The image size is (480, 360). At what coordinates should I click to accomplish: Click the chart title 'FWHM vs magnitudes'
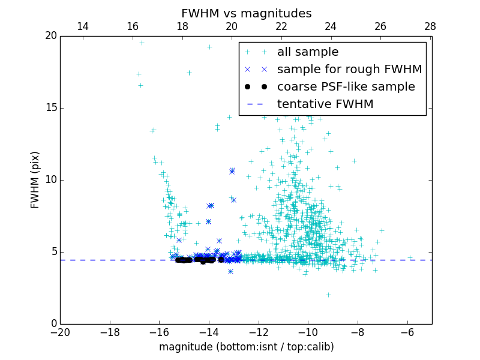pyautogui.click(x=246, y=13)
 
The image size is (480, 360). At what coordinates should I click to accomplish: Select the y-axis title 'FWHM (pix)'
pyautogui.click(x=35, y=179)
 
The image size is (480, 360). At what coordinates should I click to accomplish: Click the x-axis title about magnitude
pyautogui.click(x=246, y=347)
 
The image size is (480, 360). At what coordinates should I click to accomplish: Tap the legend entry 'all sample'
pyautogui.click(x=308, y=52)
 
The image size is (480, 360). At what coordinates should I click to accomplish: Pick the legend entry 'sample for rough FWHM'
pyautogui.click(x=349, y=69)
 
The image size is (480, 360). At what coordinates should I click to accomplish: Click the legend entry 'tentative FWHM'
pyautogui.click(x=325, y=104)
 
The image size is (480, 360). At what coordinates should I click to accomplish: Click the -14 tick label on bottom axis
pyautogui.click(x=208, y=331)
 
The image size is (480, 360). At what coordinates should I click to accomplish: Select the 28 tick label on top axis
pyautogui.click(x=430, y=26)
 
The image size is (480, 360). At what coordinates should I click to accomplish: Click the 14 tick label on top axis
pyautogui.click(x=83, y=26)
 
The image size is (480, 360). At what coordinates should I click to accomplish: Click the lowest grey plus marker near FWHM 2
pyautogui.click(x=328, y=295)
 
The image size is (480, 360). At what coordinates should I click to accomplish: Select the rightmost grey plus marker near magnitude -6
pyautogui.click(x=410, y=257)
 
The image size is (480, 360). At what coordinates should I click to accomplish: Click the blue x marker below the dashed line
pyautogui.click(x=230, y=271)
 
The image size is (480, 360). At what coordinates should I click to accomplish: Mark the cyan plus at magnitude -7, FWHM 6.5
pyautogui.click(x=382, y=230)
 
